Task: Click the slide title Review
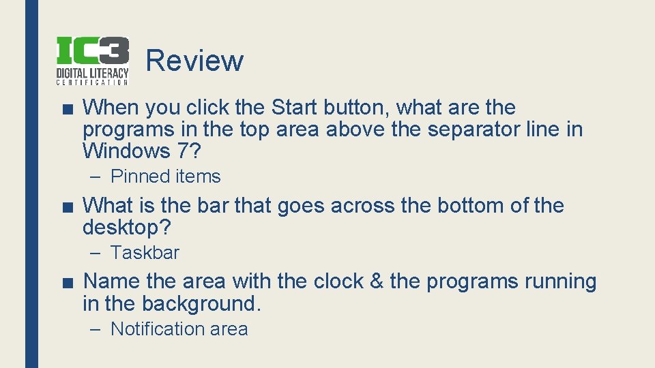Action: pos(194,61)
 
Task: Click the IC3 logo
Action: pos(91,61)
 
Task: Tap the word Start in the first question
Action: pos(294,107)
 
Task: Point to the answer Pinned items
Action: pos(165,177)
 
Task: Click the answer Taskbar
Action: pos(145,253)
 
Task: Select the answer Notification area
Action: pos(179,329)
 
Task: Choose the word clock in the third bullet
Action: pos(338,281)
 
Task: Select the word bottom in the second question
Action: pos(470,205)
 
